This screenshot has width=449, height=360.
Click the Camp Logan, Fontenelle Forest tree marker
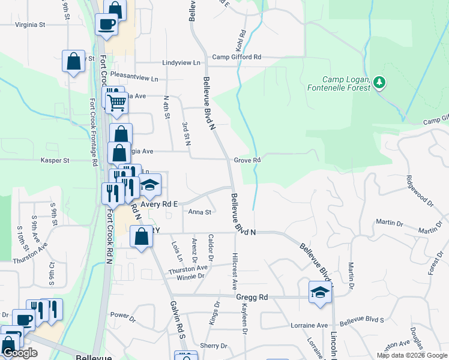click(x=379, y=82)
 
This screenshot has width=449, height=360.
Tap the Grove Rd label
click(x=247, y=160)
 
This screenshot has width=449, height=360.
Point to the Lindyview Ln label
click(x=181, y=62)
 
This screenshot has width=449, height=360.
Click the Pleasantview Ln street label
click(x=138, y=79)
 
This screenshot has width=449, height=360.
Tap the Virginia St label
click(x=30, y=25)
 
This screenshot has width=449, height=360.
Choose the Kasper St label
click(x=55, y=160)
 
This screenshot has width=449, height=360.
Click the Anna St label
click(x=200, y=212)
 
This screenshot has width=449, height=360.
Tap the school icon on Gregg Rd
click(x=319, y=293)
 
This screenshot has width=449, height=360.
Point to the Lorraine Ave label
click(x=313, y=325)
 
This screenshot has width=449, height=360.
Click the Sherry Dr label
click(x=214, y=346)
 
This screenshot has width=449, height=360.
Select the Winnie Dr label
click(x=190, y=276)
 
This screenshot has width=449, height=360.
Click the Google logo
click(x=20, y=353)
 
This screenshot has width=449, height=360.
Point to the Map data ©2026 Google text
click(x=412, y=355)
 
